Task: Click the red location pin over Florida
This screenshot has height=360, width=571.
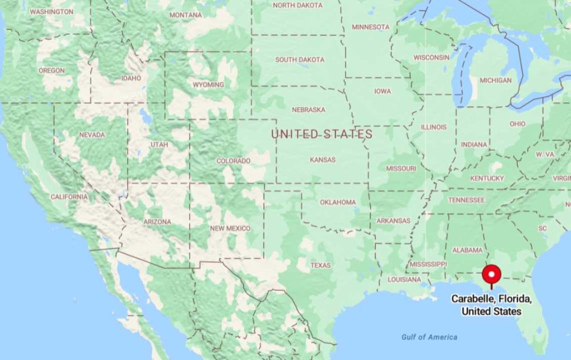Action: coord(492,274)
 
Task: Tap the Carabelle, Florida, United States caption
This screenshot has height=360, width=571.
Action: coord(491,305)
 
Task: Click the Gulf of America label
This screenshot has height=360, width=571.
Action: coord(429,337)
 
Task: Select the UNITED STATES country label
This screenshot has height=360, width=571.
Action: coord(322,134)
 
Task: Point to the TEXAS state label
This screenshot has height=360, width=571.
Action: coord(321,265)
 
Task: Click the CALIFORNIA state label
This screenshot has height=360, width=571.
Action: coord(69,197)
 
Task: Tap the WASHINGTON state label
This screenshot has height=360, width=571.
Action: coord(51,12)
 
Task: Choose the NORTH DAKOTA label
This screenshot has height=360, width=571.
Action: coord(297,5)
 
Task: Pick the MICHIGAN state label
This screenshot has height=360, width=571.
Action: coord(495,80)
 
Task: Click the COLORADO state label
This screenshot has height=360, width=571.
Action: coord(234,161)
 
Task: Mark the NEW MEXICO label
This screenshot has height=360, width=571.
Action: coord(230,228)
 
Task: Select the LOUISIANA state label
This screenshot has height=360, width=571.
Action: coord(404,279)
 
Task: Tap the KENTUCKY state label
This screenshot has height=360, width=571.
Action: coord(487,178)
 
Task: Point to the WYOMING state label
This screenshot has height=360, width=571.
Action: coord(208,85)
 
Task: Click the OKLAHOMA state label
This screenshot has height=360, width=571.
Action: coord(337,202)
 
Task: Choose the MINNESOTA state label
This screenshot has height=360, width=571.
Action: coord(370,27)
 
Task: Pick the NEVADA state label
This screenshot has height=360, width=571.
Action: coord(92,135)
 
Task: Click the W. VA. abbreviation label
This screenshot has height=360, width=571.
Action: coord(545,154)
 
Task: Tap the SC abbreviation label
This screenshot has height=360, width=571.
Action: coord(543,228)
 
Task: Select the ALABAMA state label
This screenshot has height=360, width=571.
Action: coord(467,250)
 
